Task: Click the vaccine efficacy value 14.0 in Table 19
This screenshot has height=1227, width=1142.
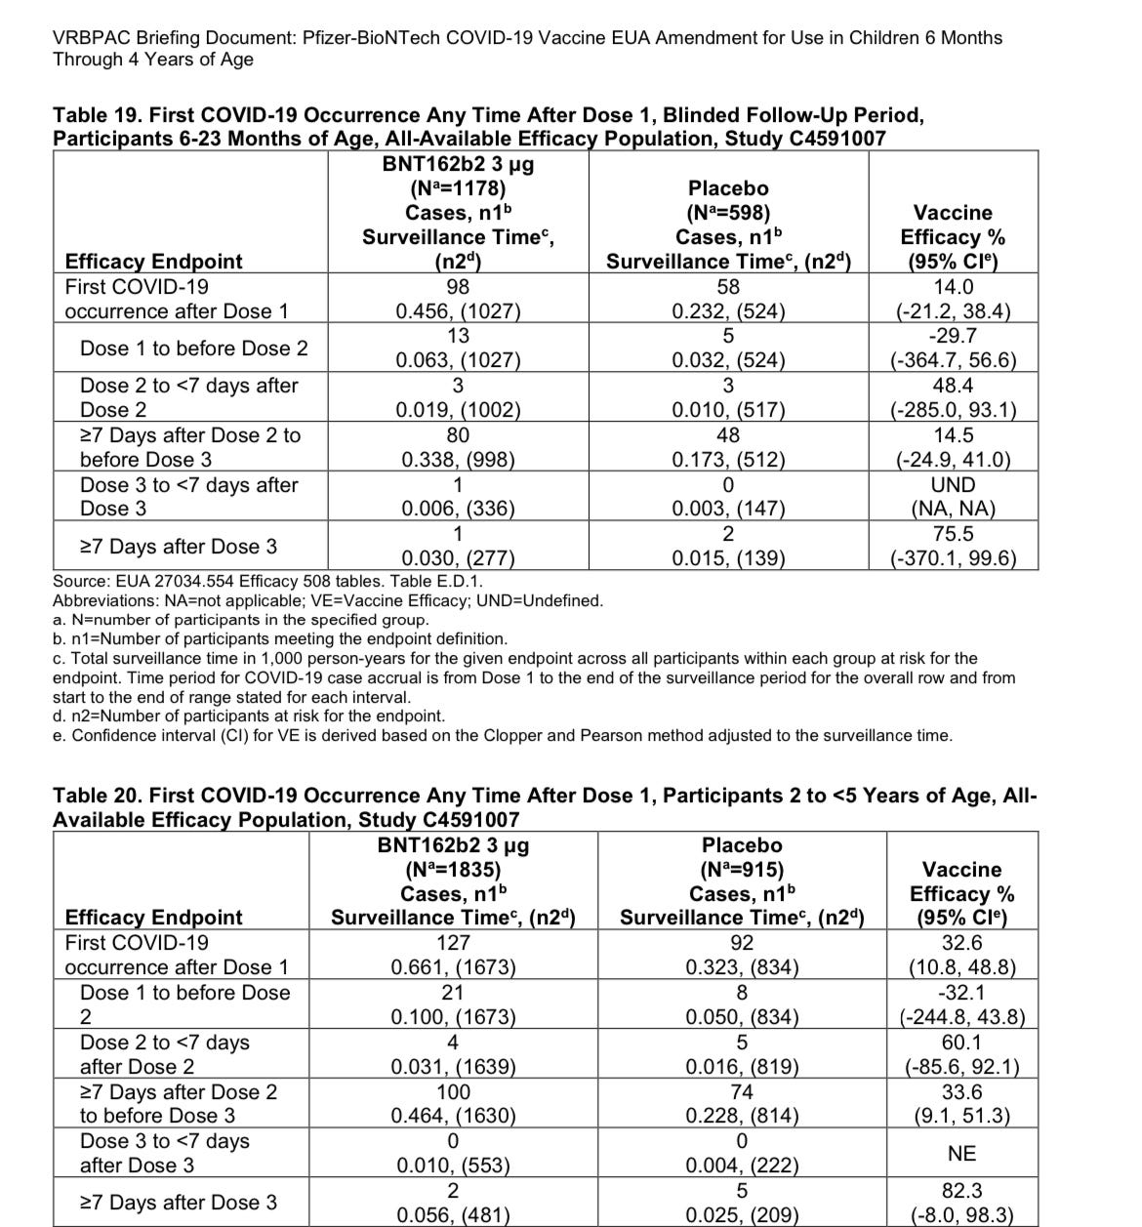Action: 953,287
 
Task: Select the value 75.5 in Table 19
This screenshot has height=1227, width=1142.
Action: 953,534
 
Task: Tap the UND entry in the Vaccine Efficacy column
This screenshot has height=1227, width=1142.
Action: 953,485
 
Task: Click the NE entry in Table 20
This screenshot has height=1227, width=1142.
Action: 961,1154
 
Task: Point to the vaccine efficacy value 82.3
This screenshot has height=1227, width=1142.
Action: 961,1191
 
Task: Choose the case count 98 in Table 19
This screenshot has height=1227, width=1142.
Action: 457,287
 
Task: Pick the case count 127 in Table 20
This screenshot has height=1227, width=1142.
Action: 453,943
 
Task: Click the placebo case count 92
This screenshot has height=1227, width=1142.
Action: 742,943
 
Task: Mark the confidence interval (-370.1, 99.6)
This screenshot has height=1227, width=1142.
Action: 953,558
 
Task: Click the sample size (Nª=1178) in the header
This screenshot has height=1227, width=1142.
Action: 457,188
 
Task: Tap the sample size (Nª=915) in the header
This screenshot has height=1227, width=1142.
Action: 742,870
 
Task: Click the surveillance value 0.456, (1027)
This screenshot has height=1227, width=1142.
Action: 457,311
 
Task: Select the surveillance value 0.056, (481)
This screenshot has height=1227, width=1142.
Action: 453,1215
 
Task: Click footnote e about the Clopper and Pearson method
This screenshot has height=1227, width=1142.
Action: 502,735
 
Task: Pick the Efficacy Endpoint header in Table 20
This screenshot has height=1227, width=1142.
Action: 153,918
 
